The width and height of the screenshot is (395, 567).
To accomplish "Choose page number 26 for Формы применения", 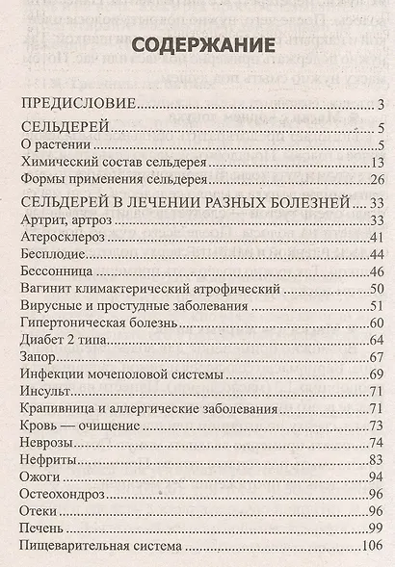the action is [378, 180].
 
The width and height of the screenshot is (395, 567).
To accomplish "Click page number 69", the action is [378, 375].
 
